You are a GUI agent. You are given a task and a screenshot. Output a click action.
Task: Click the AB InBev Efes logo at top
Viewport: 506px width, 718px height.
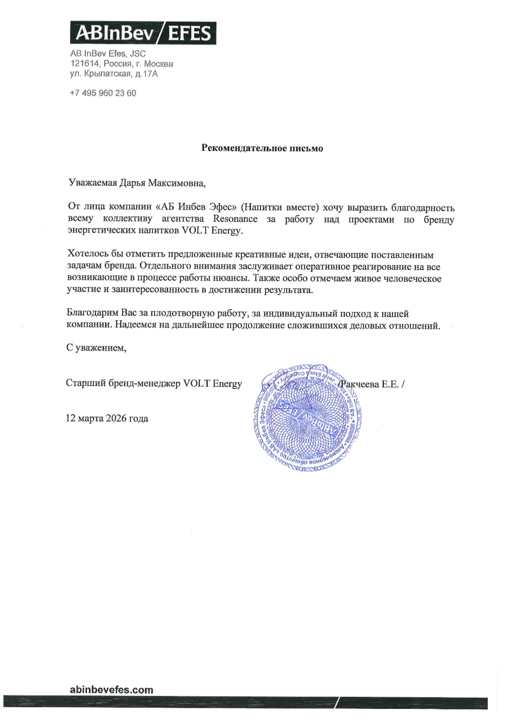[x=143, y=33]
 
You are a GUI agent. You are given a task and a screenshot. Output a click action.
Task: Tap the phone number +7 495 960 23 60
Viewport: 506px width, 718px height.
[x=103, y=93]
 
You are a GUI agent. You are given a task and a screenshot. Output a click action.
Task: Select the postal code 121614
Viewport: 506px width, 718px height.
[x=85, y=64]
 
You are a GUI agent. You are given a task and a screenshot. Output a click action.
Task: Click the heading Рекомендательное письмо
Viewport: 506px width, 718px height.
[x=262, y=148]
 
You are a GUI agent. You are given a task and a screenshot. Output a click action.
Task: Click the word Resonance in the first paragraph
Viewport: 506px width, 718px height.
[x=235, y=219]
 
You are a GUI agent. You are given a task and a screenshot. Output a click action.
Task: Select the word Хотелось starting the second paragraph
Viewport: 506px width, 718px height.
[x=87, y=254]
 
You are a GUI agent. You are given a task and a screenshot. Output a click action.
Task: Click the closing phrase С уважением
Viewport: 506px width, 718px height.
[x=96, y=348]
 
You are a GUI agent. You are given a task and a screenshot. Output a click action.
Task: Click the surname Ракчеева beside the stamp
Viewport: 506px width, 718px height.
[x=360, y=384]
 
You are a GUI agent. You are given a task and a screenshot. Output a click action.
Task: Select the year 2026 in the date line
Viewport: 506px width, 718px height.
[x=116, y=418]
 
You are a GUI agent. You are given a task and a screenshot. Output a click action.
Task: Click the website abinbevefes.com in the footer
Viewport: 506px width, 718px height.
[x=111, y=690]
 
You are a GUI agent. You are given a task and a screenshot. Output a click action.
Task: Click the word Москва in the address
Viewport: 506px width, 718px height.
[x=158, y=64]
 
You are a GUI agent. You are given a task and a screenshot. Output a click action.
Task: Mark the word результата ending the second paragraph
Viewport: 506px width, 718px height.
[x=288, y=290]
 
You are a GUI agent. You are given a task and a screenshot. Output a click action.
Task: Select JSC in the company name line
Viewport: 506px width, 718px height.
[x=138, y=53]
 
